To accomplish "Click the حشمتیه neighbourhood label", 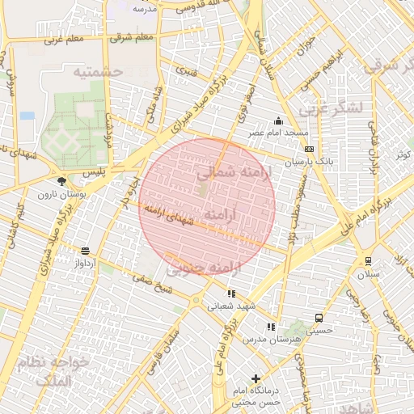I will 97,72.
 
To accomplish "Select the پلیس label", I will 95,172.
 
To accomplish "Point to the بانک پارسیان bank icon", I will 309,150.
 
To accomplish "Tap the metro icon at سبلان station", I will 368,260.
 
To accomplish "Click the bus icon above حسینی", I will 319,318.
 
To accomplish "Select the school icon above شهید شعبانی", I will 231,294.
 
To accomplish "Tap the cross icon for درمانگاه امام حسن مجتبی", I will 256,378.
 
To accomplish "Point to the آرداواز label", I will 86,264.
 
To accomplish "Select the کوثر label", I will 401,154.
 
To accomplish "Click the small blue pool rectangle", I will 27,116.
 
